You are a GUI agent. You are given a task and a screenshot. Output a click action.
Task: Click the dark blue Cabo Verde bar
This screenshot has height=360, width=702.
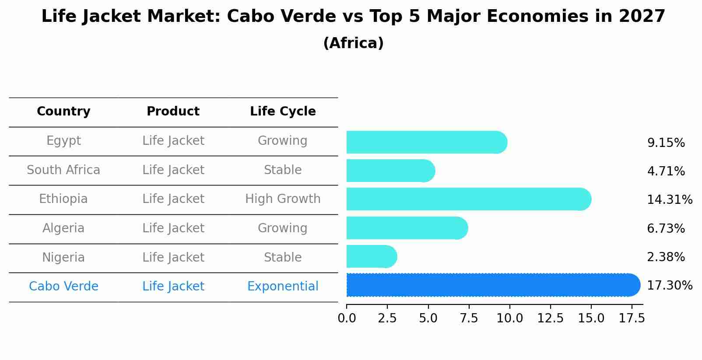(492, 285)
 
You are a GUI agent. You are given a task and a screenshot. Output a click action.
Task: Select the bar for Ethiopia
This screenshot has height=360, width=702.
(468, 199)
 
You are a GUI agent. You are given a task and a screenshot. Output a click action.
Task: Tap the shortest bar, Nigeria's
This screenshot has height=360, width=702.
(371, 257)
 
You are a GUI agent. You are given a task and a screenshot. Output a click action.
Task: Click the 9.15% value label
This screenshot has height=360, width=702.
(666, 143)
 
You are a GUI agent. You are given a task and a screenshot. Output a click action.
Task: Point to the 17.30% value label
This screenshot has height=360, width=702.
(669, 286)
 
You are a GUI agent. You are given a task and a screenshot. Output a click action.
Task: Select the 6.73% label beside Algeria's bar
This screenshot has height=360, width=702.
(666, 228)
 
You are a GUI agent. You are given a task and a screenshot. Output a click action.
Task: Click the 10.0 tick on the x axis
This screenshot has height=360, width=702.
(509, 318)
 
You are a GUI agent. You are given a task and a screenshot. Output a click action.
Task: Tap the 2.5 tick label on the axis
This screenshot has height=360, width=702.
(387, 318)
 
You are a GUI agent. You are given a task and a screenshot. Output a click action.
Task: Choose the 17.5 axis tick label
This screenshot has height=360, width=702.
(632, 318)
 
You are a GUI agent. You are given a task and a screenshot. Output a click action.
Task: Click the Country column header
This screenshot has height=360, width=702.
(63, 112)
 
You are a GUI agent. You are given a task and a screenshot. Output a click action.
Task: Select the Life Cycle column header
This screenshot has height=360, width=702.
(283, 112)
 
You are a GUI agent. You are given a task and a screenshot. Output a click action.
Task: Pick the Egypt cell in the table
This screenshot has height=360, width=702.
(63, 141)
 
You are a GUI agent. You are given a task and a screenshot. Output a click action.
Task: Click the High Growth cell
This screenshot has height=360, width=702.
(283, 199)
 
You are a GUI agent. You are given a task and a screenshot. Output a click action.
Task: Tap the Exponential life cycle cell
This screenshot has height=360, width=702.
(283, 287)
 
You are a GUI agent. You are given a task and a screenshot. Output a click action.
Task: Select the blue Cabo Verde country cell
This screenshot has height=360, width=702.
(63, 287)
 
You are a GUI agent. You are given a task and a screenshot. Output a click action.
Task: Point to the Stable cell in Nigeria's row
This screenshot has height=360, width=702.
(283, 257)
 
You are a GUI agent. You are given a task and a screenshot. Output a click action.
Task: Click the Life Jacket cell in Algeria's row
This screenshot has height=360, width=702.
(173, 228)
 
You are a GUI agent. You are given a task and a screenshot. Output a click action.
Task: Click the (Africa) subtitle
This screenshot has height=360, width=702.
(353, 43)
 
